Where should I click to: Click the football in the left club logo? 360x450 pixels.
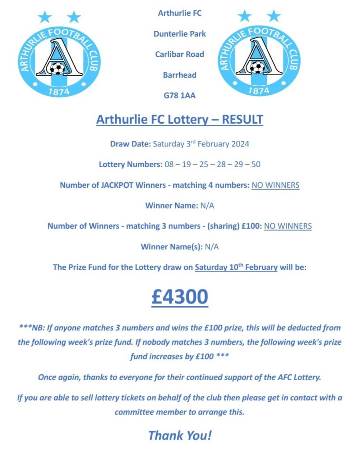pyautogui.click(x=57, y=68)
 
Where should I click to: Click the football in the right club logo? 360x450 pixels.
pyautogui.click(x=257, y=67)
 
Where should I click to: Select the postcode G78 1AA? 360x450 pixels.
pyautogui.click(x=180, y=95)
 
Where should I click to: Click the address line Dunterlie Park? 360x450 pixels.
pyautogui.click(x=180, y=34)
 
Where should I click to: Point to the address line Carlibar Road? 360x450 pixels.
pyautogui.click(x=180, y=54)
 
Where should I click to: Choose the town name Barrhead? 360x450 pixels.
pyautogui.click(x=180, y=75)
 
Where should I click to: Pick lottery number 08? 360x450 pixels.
pyautogui.click(x=169, y=165)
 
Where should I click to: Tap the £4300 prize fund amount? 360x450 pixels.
pyautogui.click(x=180, y=297)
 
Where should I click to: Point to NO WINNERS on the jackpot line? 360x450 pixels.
pyautogui.click(x=276, y=185)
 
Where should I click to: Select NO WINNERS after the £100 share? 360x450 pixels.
pyautogui.click(x=288, y=226)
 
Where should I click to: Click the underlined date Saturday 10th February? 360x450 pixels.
pyautogui.click(x=236, y=267)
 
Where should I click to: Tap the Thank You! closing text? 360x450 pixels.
pyautogui.click(x=180, y=435)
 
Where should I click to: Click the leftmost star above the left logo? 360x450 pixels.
pyautogui.click(x=44, y=17)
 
